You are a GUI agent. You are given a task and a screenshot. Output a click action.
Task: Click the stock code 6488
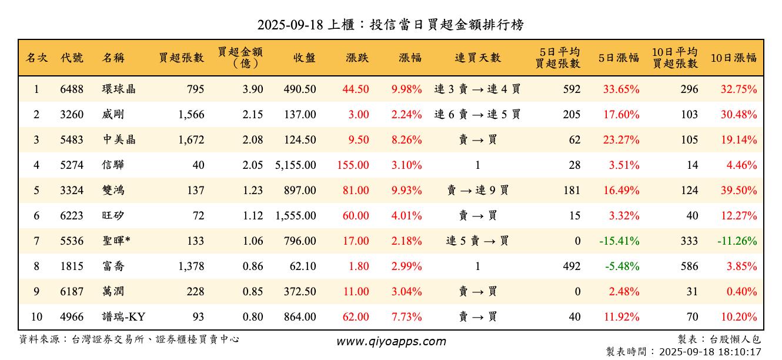[x=72, y=89]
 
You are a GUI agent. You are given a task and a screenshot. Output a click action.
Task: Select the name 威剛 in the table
[x=113, y=115]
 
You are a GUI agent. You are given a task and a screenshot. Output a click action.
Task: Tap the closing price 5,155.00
[x=295, y=165]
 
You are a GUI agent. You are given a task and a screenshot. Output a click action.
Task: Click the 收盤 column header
[x=304, y=58]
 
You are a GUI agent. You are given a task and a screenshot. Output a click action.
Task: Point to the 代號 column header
[x=72, y=58]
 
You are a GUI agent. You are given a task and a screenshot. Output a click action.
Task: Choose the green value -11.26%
[x=737, y=241]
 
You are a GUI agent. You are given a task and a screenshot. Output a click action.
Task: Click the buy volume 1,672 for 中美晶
[x=191, y=140]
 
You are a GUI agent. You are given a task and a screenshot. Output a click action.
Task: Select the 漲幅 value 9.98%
[x=407, y=89]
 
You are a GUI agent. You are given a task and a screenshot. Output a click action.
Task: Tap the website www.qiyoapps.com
[x=391, y=341]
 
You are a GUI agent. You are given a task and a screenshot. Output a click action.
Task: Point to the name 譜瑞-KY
[x=123, y=317]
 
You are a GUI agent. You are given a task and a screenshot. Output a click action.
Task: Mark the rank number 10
[x=36, y=317]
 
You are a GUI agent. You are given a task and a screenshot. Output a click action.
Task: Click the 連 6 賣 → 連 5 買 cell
[x=477, y=115]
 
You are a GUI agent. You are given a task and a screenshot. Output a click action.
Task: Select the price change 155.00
[x=353, y=165]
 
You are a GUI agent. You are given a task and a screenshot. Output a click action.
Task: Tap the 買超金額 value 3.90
[x=253, y=89]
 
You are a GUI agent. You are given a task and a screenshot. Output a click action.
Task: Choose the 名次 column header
[x=36, y=58]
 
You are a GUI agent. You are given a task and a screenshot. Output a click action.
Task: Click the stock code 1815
[x=72, y=266]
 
